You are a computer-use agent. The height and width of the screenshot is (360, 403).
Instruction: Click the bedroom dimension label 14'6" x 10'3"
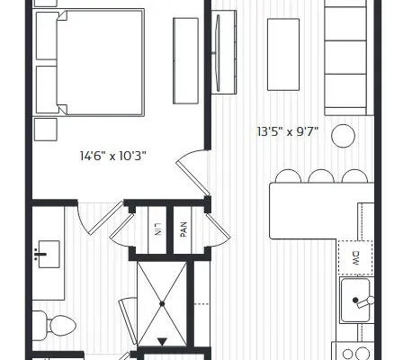tap(113, 156)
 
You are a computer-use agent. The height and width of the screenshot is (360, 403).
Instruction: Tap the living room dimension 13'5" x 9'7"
tap(288, 131)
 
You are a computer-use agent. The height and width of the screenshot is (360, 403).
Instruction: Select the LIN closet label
tap(157, 229)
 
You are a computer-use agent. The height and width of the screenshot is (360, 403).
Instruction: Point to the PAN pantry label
tap(184, 229)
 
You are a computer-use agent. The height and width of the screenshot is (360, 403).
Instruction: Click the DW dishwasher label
tap(355, 258)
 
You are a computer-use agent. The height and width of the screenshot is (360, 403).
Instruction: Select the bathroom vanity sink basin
tap(49, 254)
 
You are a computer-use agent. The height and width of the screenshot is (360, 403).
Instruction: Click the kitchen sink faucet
tap(363, 301)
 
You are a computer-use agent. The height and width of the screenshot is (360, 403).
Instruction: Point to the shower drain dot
tap(162, 304)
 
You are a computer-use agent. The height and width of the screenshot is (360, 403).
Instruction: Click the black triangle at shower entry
tap(162, 341)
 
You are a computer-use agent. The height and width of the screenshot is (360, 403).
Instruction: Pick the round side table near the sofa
tap(343, 136)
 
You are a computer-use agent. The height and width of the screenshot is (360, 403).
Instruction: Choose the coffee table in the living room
tap(283, 54)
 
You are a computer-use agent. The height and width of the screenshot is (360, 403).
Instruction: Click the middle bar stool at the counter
tap(321, 176)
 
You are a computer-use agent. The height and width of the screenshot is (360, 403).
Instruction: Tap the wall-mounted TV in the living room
tap(218, 52)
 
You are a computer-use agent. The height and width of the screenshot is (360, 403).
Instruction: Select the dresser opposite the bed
tap(185, 61)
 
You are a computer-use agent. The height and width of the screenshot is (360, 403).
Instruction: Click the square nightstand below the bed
tap(46, 130)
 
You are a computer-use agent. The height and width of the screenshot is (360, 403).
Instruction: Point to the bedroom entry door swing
tap(193, 172)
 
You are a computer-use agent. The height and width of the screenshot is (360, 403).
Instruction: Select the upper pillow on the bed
tap(47, 36)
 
